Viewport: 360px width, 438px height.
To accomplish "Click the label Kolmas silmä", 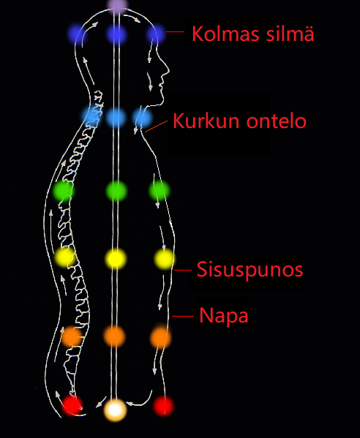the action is click(x=253, y=34).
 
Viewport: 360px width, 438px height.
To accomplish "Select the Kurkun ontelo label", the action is click(x=239, y=121).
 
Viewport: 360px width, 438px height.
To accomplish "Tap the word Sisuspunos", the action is click(x=250, y=270).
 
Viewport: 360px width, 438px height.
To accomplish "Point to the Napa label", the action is click(x=224, y=316).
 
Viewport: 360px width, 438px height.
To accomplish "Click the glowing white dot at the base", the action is click(x=115, y=409).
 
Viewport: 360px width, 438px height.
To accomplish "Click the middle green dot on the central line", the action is click(x=116, y=192).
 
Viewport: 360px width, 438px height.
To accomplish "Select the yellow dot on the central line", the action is click(x=116, y=259).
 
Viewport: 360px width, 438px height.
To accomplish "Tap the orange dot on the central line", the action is click(x=115, y=336).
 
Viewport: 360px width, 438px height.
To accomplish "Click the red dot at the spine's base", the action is click(x=72, y=405).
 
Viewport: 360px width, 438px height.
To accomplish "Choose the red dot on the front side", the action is click(x=163, y=406).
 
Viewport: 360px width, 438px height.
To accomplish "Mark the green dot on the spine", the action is click(x=64, y=191).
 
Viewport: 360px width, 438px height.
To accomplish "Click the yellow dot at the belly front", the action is click(x=164, y=259).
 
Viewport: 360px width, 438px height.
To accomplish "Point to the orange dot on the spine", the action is click(x=72, y=336).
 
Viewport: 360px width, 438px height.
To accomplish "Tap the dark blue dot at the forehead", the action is click(x=155, y=34).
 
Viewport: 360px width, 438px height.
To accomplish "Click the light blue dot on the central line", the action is click(x=116, y=117).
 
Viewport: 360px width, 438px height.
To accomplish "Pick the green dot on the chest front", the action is click(x=159, y=191).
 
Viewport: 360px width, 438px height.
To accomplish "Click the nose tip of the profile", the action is click(x=169, y=70).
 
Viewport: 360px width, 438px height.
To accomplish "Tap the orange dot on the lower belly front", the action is click(x=160, y=337).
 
